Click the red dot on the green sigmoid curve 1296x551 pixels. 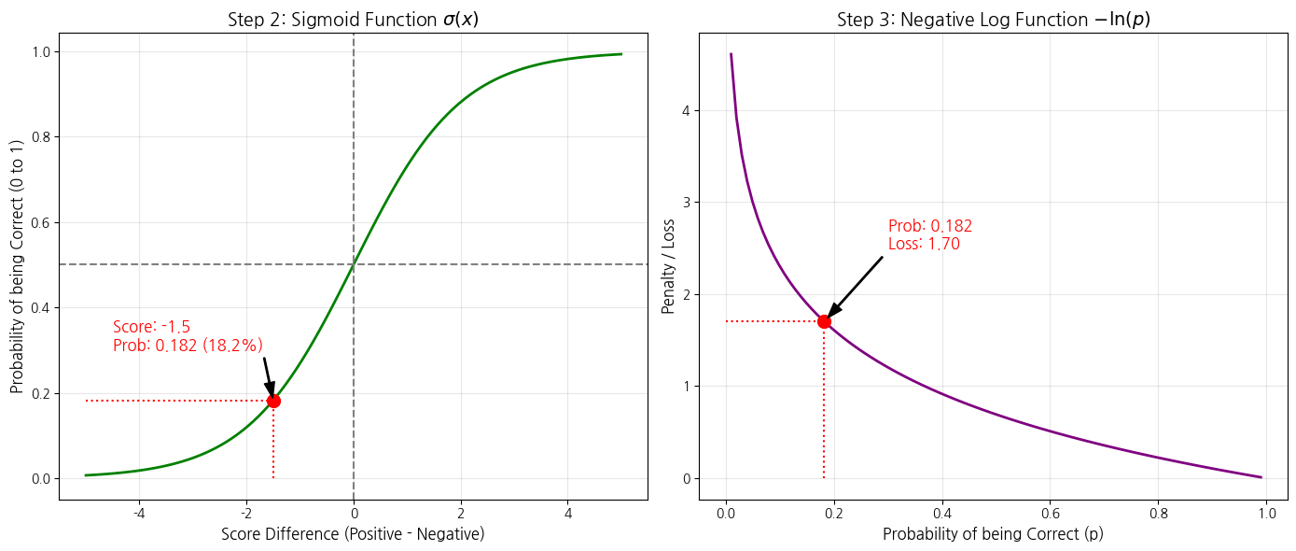click(x=273, y=401)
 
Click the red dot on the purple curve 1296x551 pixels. click(x=824, y=321)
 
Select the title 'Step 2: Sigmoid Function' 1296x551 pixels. click(x=353, y=19)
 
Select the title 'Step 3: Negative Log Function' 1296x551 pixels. click(x=993, y=19)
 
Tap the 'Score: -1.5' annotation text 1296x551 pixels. click(x=151, y=327)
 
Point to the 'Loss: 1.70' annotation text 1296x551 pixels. click(x=924, y=245)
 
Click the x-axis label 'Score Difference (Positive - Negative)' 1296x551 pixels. click(x=353, y=534)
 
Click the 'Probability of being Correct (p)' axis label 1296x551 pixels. click(x=993, y=534)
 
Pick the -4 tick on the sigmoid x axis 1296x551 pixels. click(x=139, y=513)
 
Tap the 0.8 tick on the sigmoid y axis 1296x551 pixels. click(x=40, y=137)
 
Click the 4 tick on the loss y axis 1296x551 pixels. click(x=684, y=111)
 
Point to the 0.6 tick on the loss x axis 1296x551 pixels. click(x=1050, y=513)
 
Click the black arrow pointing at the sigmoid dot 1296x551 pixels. click(x=268, y=375)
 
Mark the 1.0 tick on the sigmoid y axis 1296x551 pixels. click(x=40, y=52)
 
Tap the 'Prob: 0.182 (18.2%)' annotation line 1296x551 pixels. click(x=188, y=346)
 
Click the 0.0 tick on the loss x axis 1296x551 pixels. click(x=725, y=513)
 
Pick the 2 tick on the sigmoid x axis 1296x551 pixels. click(x=461, y=513)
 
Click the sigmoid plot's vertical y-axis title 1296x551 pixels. click(x=17, y=267)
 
